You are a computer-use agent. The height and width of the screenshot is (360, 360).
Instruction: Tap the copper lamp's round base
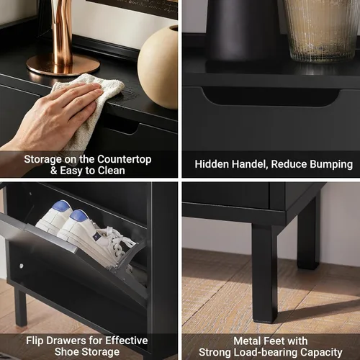[x=63, y=66]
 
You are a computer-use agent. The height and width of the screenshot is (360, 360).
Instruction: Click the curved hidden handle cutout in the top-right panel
[x=271, y=96]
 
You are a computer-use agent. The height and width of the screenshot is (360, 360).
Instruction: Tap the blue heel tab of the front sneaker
[x=78, y=215]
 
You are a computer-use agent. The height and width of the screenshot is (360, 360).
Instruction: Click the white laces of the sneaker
[x=120, y=240]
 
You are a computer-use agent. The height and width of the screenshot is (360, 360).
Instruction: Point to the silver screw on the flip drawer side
[x=22, y=266]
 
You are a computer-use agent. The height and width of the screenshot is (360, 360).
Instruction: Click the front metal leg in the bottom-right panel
[x=265, y=272]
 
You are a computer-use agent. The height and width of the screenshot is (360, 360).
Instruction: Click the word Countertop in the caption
[x=125, y=160]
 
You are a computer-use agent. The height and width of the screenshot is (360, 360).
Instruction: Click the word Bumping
[x=331, y=165]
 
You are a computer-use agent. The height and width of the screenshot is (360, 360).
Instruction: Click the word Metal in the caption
[x=247, y=341]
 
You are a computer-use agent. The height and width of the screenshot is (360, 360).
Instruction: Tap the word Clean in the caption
[x=112, y=171]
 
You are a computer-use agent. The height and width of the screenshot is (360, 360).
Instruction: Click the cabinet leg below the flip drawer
[x=20, y=307]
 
